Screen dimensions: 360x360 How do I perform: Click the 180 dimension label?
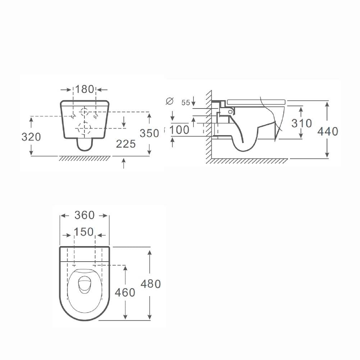84,89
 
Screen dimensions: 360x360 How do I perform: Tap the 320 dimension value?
31,137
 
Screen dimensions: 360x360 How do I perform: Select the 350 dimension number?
149,133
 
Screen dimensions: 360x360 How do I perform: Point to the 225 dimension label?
126,144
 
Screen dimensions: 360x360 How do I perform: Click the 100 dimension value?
179,130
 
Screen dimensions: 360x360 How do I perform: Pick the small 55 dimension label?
186,103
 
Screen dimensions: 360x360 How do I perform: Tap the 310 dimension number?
301,124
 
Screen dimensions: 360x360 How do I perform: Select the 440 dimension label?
328,132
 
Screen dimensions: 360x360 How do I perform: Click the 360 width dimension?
84,215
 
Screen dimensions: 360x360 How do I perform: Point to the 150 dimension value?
84,232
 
